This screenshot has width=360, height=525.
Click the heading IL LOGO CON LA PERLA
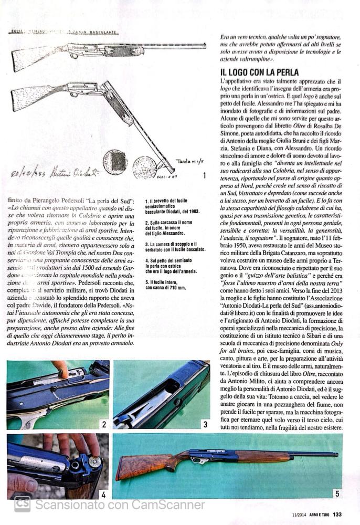click(x=260, y=72)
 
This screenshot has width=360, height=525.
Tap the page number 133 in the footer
click(x=337, y=514)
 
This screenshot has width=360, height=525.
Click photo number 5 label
click(x=337, y=493)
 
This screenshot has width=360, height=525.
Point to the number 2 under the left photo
click(x=104, y=424)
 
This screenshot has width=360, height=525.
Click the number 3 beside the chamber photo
click(x=205, y=424)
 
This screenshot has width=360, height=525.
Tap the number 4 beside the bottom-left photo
click(x=103, y=494)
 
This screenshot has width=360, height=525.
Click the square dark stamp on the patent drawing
click(x=114, y=161)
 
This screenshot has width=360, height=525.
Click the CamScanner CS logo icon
click(x=22, y=504)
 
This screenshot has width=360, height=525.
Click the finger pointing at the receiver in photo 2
click(x=60, y=369)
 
